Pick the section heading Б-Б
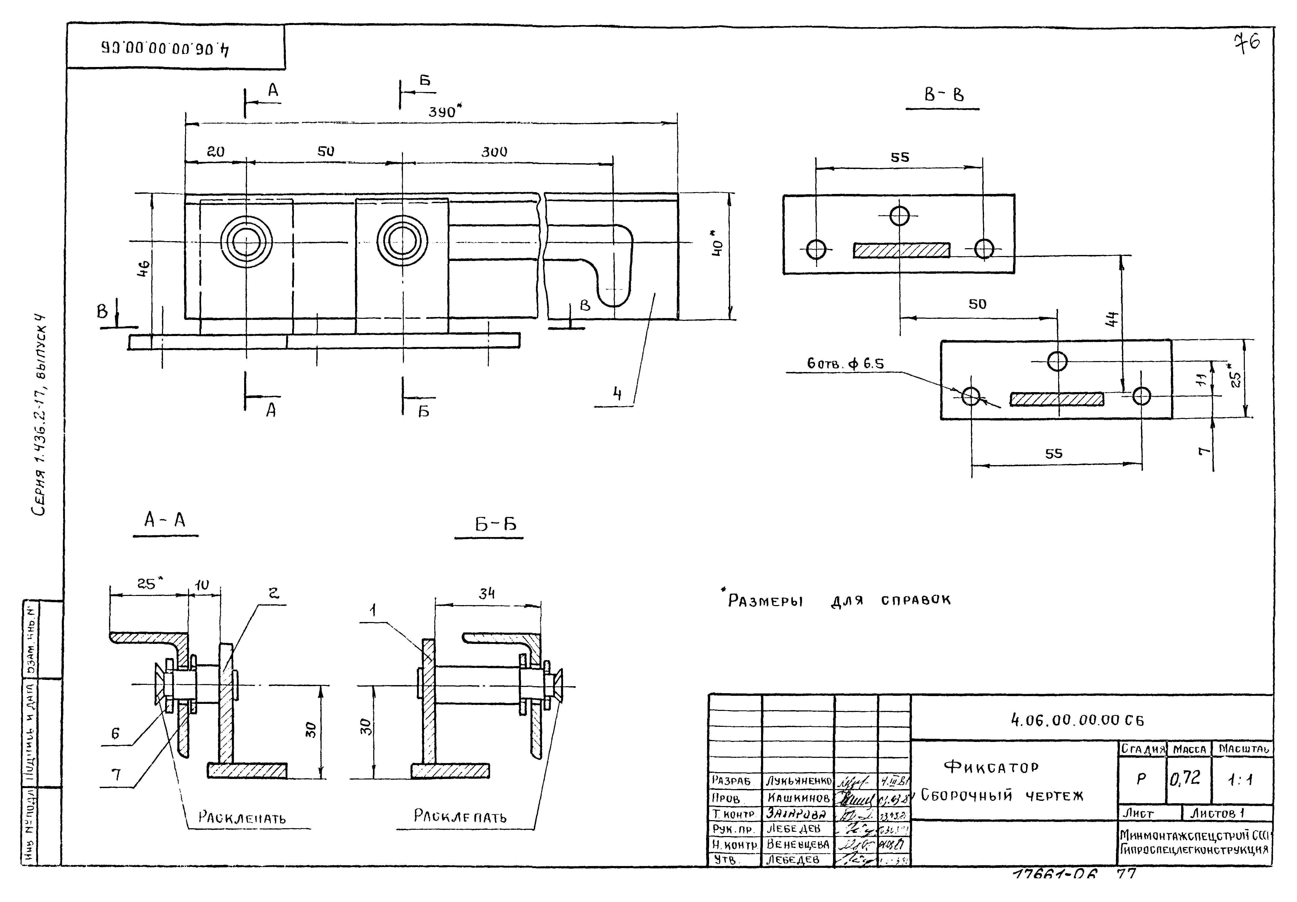(495, 525)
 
